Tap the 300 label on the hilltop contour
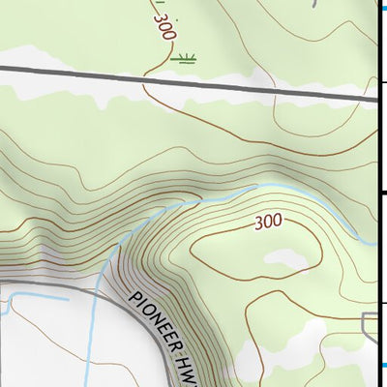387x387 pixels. pyautogui.click(x=268, y=222)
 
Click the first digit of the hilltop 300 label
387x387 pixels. pyautogui.click(x=259, y=223)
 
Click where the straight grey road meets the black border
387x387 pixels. pyautogui.click(x=375, y=97)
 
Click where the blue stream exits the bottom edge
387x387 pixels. pyautogui.click(x=89, y=384)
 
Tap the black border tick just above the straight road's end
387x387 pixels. pyautogui.click(x=382, y=83)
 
